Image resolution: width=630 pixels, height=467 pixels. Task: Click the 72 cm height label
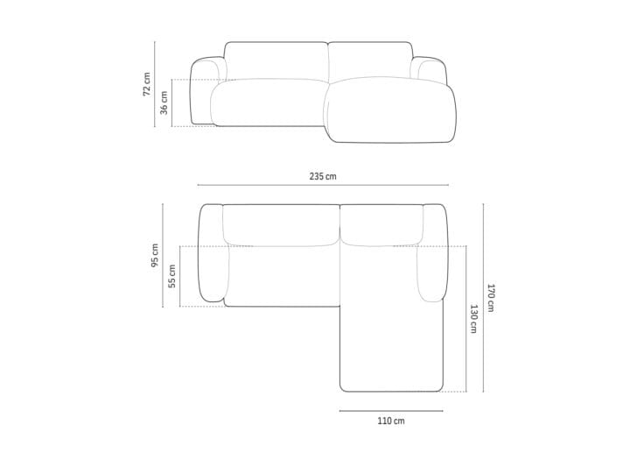click(147, 84)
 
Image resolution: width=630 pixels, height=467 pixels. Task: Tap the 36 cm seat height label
click(164, 103)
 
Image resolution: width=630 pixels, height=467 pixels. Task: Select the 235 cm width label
click(323, 176)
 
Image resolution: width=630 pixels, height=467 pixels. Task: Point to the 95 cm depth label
click(155, 255)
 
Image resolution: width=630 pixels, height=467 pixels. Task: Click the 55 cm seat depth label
click(172, 276)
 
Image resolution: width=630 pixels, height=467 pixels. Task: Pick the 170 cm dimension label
click(491, 298)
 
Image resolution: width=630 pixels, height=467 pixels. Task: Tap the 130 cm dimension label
click(473, 319)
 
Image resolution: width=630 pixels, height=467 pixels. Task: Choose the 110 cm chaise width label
click(391, 421)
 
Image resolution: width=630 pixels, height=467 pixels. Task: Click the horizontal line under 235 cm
click(323, 185)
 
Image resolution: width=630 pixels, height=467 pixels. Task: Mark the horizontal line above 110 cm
click(391, 411)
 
